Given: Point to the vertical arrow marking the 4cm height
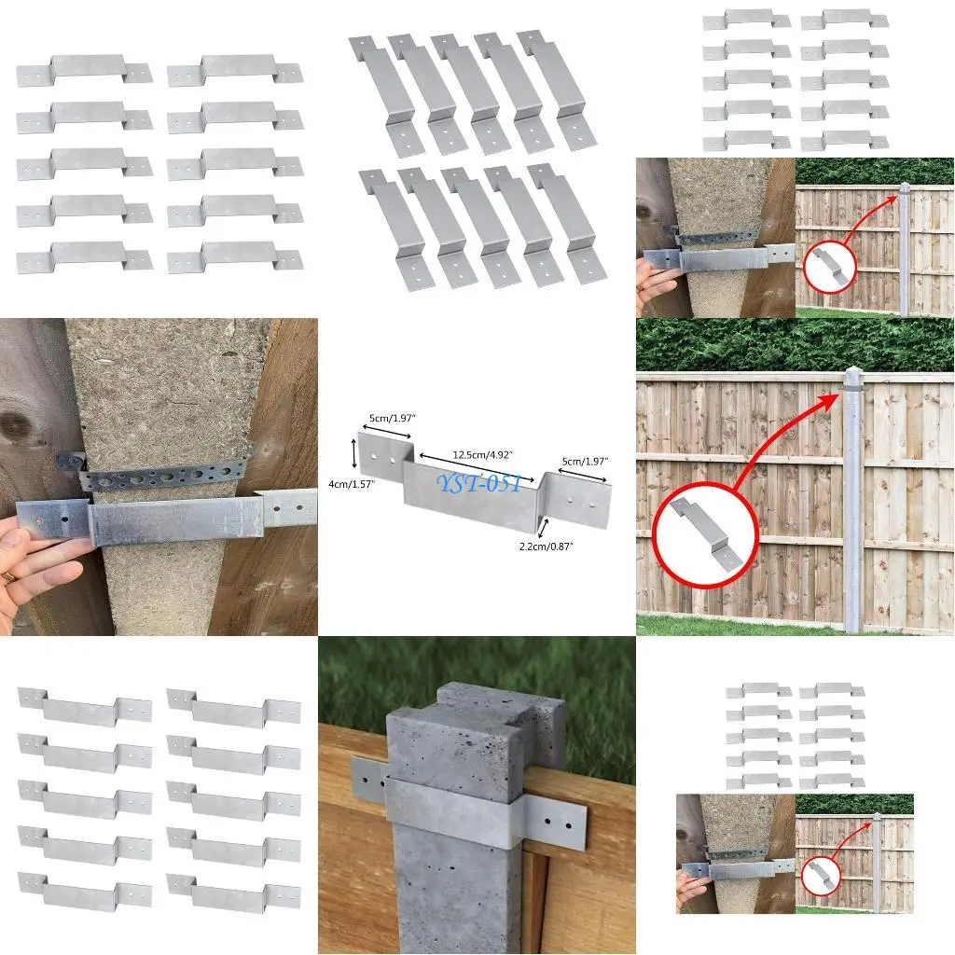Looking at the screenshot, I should tap(354, 454).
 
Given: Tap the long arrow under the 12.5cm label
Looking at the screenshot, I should tap(477, 467).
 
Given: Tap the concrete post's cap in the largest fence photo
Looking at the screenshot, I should tap(853, 378).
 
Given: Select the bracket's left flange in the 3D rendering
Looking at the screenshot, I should tap(367, 778).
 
